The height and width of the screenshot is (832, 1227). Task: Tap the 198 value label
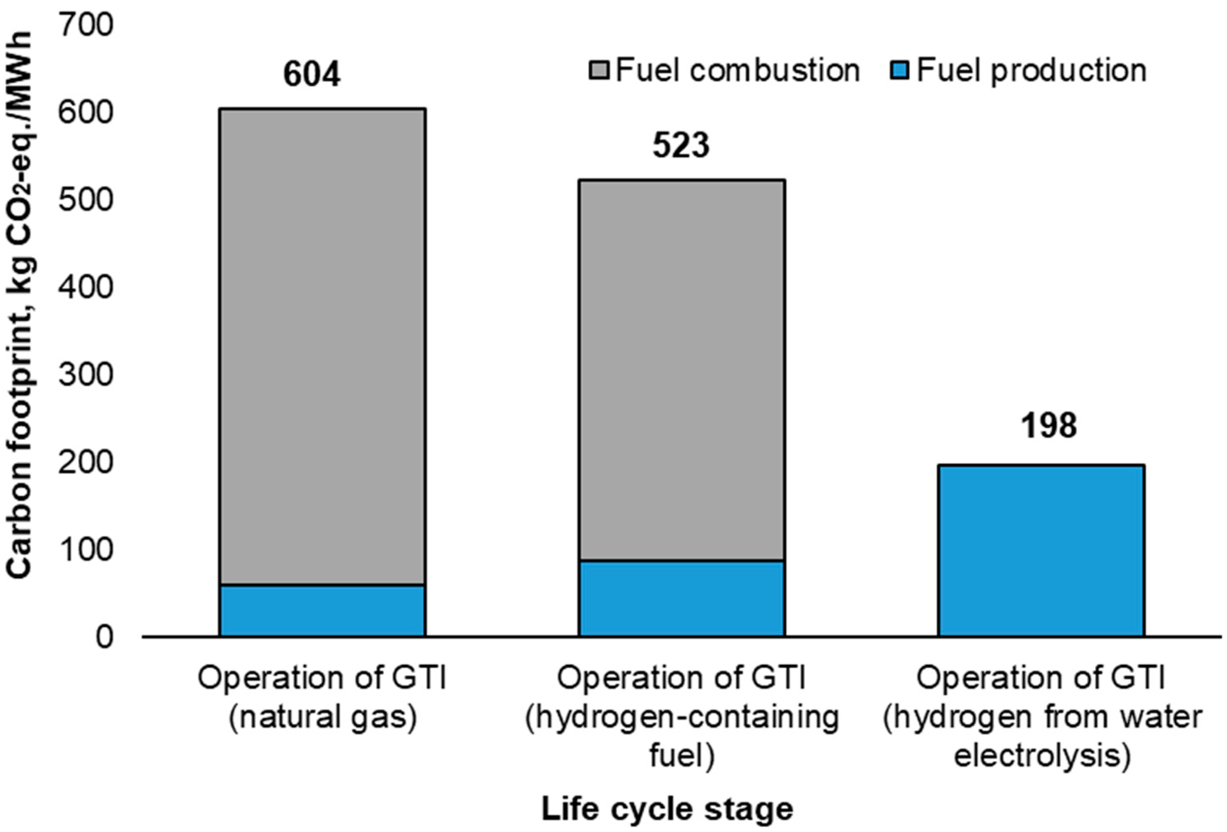[x=1048, y=426]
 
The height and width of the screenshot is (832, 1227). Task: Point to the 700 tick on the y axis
[x=86, y=25]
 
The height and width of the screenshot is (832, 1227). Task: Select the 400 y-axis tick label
[x=86, y=288]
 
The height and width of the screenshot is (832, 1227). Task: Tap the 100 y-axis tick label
[x=86, y=550]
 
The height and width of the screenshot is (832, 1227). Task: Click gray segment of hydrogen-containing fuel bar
[x=681, y=370]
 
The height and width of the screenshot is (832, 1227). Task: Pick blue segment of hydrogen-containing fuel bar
[x=681, y=598]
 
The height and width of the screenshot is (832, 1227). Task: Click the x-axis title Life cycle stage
[x=667, y=809]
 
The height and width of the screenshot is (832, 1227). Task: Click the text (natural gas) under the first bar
[x=322, y=717]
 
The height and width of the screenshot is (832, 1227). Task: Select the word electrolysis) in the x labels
[x=1042, y=756]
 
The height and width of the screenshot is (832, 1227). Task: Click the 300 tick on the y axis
[x=86, y=375]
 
